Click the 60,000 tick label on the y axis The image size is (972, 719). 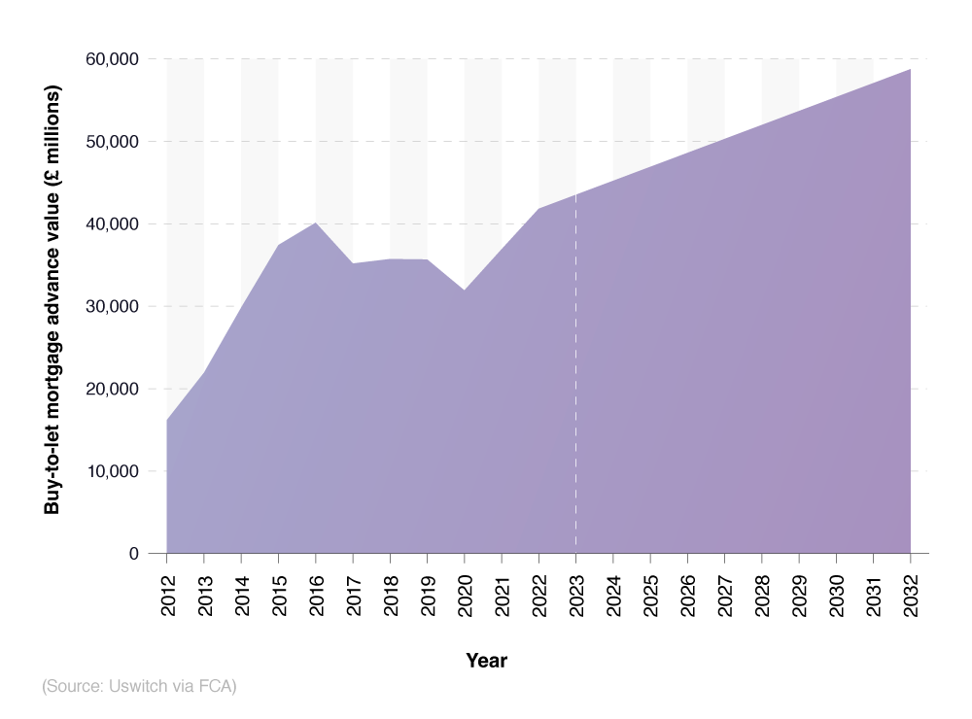(x=112, y=59)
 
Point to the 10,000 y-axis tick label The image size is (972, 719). (x=112, y=471)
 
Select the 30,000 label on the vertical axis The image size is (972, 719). (x=112, y=306)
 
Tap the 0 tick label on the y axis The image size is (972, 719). (x=133, y=554)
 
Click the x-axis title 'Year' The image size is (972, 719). (x=486, y=661)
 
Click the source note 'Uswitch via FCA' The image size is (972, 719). (x=139, y=686)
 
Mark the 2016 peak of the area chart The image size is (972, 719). (x=316, y=223)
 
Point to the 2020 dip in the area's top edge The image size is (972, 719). (x=465, y=290)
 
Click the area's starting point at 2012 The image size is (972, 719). (x=167, y=420)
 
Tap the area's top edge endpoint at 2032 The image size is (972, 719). (x=910, y=70)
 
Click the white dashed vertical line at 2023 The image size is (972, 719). (x=576, y=389)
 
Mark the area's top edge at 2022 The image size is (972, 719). (x=539, y=209)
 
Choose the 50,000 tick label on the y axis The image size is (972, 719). (x=112, y=142)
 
